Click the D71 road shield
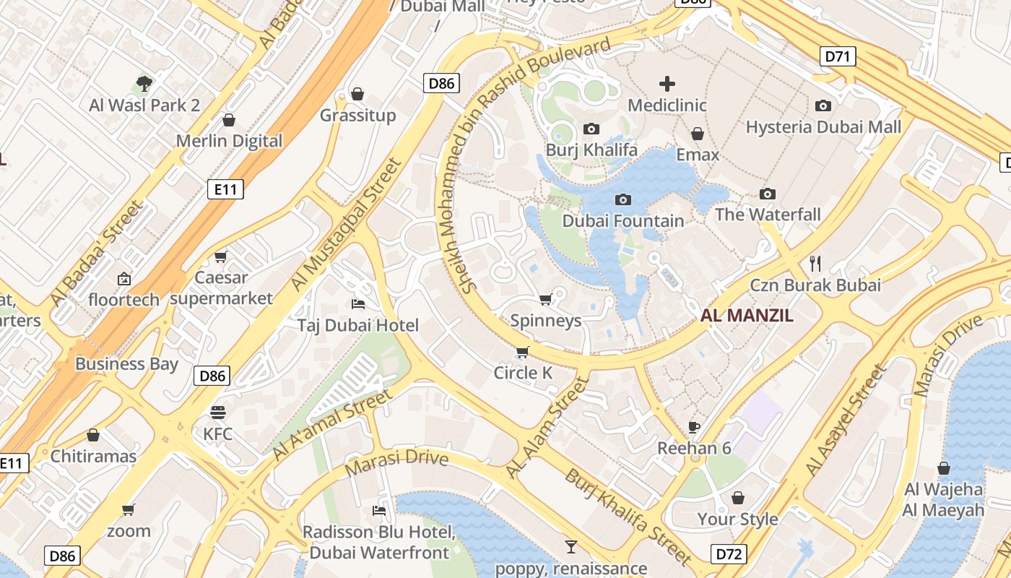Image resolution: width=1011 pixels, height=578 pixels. [x=838, y=56]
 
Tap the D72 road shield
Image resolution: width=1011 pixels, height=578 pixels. [x=729, y=554]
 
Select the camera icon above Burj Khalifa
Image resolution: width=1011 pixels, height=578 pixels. [x=591, y=129]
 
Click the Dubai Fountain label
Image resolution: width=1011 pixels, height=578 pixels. [x=622, y=220]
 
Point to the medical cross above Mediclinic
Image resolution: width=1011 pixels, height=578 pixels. [x=667, y=84]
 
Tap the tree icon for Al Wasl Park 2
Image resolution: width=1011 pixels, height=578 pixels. [x=144, y=84]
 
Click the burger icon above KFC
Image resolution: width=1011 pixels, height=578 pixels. [x=218, y=413]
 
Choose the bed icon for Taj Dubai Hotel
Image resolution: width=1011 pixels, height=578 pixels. [x=357, y=303]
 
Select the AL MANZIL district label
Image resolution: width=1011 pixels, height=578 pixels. [x=747, y=315]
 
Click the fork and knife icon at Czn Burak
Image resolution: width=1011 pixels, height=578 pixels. [x=816, y=263]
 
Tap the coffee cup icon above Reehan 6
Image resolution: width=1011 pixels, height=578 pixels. [x=694, y=427]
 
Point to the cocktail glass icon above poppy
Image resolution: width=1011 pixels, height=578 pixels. [x=571, y=546]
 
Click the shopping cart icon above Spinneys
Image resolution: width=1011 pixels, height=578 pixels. [x=546, y=299]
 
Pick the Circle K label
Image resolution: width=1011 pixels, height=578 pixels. [x=523, y=373]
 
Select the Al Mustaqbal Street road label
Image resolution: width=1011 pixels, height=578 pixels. [x=346, y=225]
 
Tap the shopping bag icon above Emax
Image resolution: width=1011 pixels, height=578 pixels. [x=698, y=134]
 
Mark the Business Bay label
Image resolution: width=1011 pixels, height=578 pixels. [x=126, y=363]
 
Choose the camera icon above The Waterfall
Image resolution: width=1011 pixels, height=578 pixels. [x=768, y=194]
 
